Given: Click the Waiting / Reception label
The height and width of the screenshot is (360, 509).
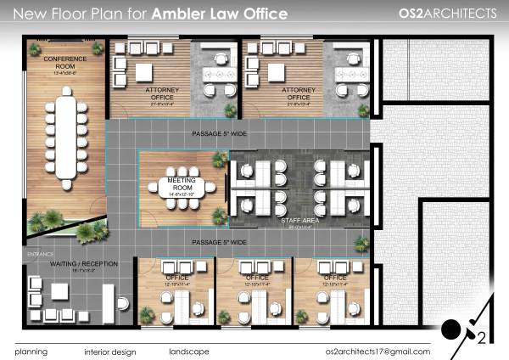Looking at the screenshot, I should (71, 264).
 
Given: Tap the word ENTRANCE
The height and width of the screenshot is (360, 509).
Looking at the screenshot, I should (40, 254).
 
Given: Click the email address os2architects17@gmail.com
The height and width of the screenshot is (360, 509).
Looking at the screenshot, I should (378, 351).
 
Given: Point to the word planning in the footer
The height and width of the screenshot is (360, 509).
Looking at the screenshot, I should (31, 351).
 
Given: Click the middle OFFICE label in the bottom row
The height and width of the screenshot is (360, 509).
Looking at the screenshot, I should (257, 278).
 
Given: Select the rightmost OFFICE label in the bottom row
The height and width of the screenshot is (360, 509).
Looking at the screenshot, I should (334, 278).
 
